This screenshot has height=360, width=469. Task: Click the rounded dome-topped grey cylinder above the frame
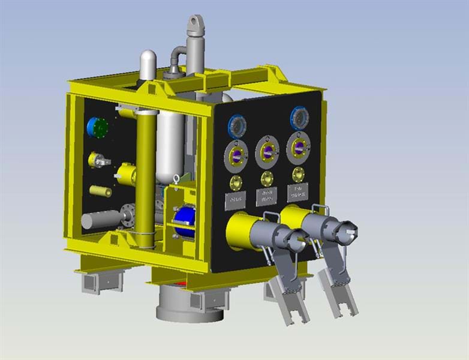(x=148, y=62)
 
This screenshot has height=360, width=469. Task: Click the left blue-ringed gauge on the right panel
(x=237, y=125)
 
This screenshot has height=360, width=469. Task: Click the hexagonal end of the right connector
(x=347, y=232)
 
